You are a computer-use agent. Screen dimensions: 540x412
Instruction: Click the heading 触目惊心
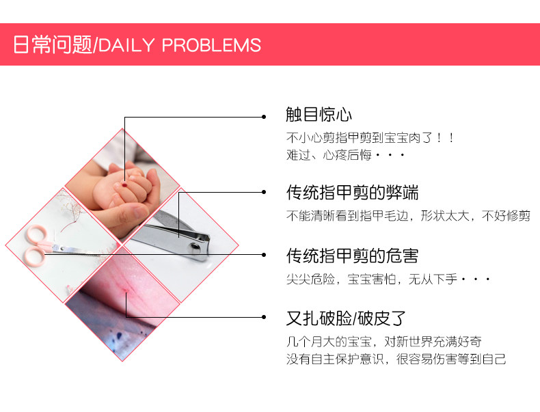click(x=319, y=114)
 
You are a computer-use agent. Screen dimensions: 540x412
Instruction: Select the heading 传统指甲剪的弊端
click(x=352, y=193)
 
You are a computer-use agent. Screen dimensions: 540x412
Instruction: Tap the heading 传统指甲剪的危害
click(x=352, y=256)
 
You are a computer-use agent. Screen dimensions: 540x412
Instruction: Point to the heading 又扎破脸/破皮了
click(x=346, y=318)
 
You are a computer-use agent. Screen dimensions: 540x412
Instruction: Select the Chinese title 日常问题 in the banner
click(x=53, y=44)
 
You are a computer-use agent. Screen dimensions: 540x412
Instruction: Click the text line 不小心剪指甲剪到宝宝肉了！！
click(x=370, y=138)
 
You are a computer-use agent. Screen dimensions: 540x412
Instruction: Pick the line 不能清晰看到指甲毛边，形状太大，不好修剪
click(x=408, y=216)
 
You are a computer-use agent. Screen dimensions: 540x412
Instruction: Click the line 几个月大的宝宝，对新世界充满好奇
click(x=383, y=342)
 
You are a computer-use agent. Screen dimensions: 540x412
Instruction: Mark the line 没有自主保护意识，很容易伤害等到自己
click(x=396, y=359)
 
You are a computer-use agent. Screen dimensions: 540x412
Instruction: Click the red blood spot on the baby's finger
click(x=124, y=185)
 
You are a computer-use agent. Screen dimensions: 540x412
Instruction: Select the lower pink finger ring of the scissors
click(x=34, y=256)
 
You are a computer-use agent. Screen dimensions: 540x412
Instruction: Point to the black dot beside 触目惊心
click(x=264, y=117)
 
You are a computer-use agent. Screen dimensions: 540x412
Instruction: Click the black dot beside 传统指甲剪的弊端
click(x=264, y=192)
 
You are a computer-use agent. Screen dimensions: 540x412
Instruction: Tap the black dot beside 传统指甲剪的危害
click(x=264, y=255)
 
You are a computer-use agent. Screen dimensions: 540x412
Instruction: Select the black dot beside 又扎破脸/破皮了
click(x=264, y=317)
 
